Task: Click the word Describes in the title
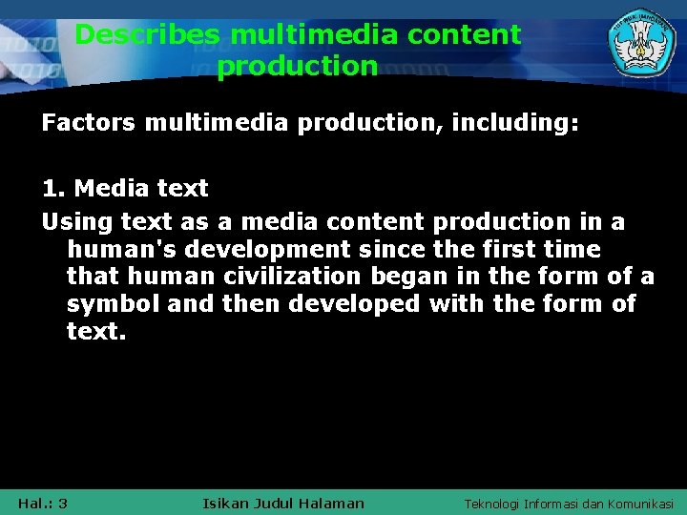148,35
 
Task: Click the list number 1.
52,188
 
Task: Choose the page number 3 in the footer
62,503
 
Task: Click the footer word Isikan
228,503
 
